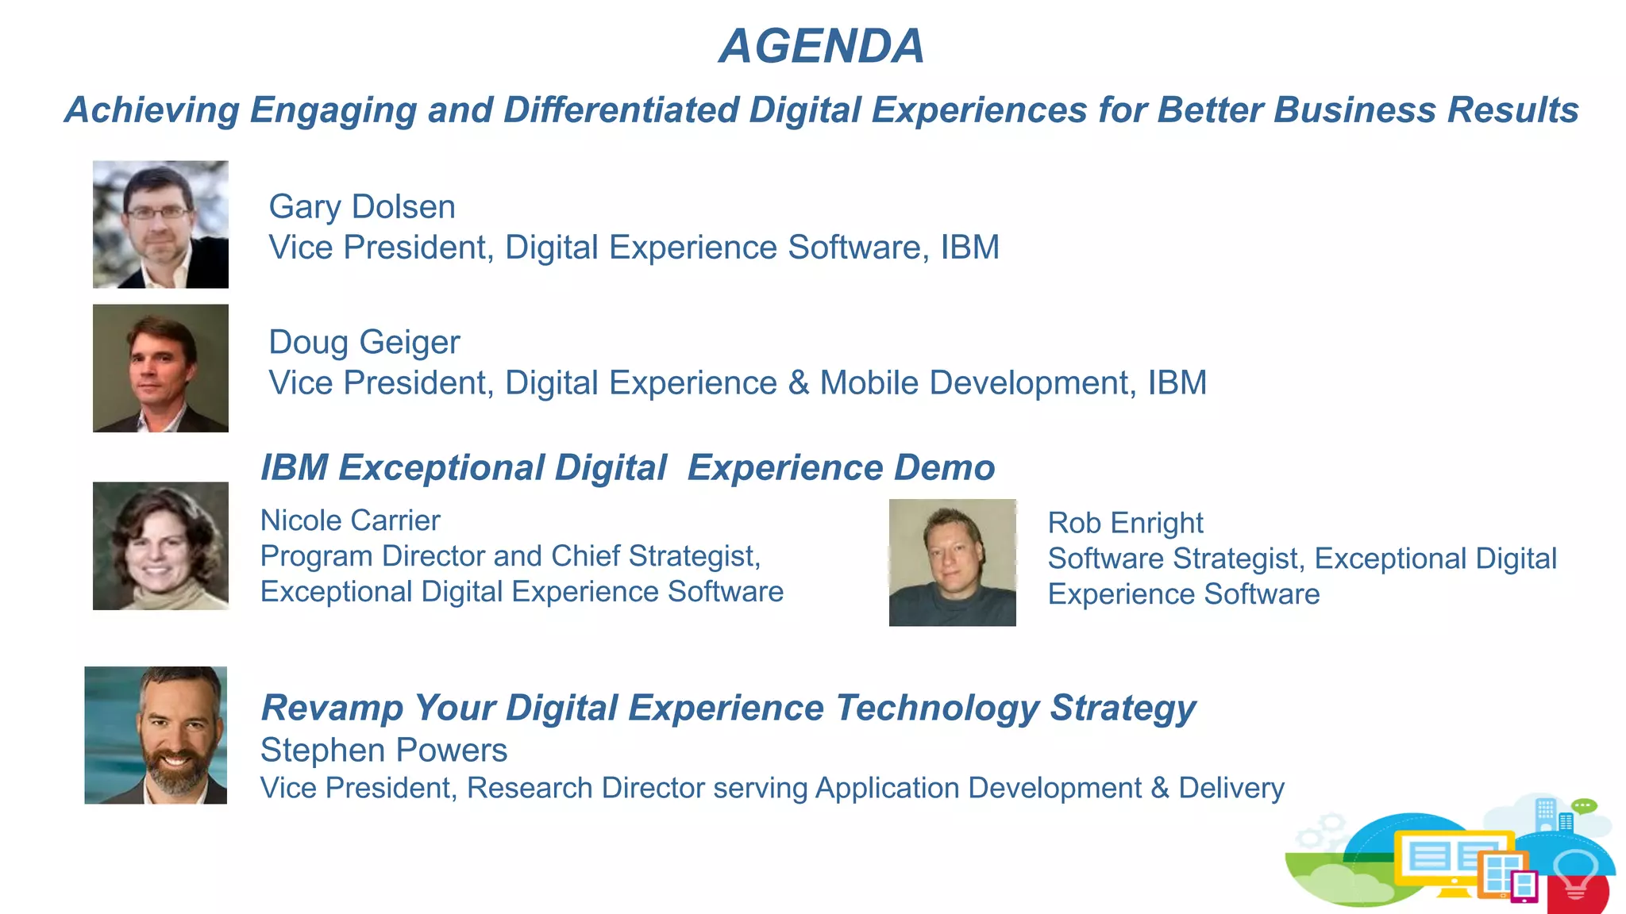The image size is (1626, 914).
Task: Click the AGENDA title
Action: (x=822, y=46)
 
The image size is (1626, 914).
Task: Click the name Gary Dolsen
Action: (x=362, y=207)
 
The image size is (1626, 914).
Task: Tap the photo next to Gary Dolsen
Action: (x=160, y=225)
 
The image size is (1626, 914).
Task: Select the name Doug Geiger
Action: (x=364, y=343)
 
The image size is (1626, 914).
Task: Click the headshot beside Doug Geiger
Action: (x=160, y=368)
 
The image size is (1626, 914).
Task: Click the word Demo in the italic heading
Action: (x=944, y=467)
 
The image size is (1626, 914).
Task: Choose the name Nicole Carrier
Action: (x=350, y=520)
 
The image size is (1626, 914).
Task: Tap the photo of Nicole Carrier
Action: (x=160, y=546)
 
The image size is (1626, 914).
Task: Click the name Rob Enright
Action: (x=1125, y=523)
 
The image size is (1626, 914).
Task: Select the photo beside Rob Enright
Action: (x=952, y=563)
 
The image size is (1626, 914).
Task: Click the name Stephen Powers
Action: (x=383, y=750)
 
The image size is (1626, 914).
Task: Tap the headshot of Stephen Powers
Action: (x=156, y=735)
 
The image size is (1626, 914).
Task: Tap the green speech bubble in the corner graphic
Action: (x=1584, y=806)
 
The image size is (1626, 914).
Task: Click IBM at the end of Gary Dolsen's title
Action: (x=969, y=248)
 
